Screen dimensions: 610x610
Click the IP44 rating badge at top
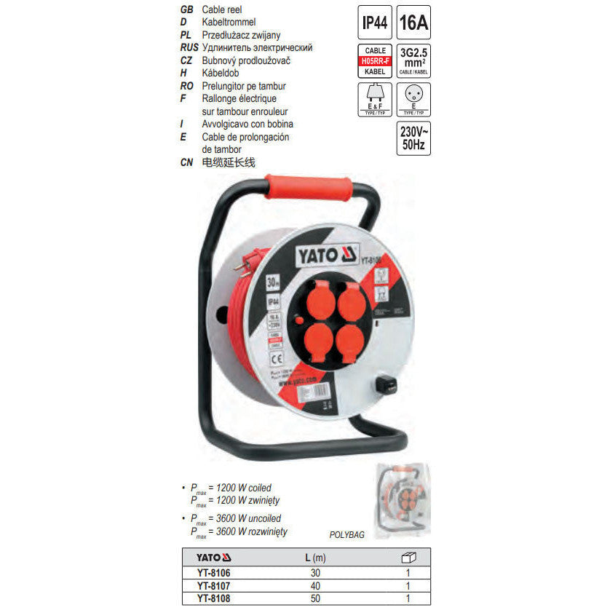coord(374,23)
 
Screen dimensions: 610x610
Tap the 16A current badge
coord(413,23)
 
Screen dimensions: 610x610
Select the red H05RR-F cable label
coord(374,61)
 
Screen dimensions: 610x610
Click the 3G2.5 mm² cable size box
coord(413,61)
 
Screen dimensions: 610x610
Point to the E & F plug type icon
coord(374,100)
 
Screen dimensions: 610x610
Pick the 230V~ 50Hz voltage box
coord(413,138)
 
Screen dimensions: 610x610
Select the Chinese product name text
coord(230,162)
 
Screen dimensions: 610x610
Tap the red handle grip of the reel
coord(309,186)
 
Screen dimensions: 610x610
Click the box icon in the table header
coord(409,558)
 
